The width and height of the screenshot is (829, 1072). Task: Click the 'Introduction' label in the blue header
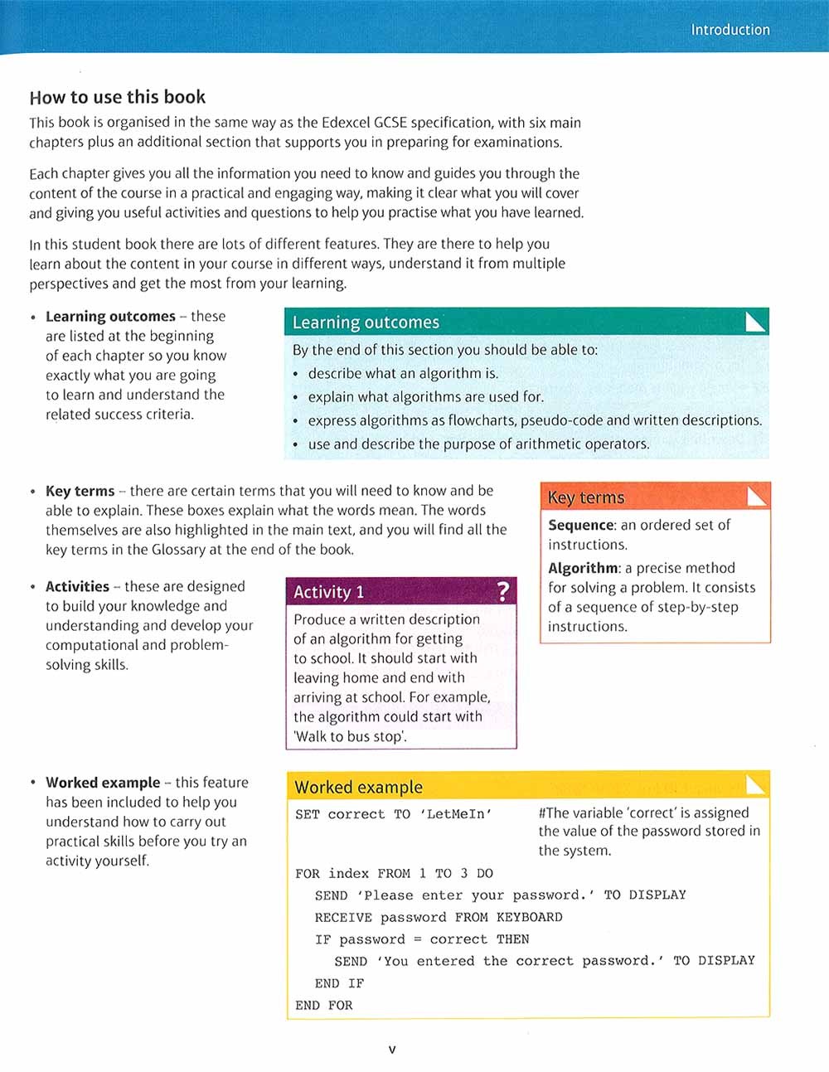(x=730, y=30)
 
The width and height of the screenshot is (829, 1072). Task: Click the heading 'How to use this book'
(x=117, y=97)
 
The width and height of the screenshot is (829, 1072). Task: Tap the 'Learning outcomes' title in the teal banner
(x=366, y=323)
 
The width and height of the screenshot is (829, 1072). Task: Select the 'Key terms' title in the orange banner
(x=586, y=497)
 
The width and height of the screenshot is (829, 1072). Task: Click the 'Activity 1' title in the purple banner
(x=328, y=592)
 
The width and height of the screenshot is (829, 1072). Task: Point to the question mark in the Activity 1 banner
(x=502, y=591)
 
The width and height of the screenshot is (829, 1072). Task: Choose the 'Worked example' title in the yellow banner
(x=358, y=787)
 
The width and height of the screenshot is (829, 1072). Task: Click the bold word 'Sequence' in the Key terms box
(x=580, y=525)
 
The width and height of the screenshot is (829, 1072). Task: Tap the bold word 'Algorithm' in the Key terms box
(x=584, y=568)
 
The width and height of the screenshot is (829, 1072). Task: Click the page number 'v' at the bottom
(x=392, y=1050)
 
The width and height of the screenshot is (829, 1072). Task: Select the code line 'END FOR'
(x=324, y=1005)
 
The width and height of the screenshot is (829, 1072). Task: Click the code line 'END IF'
(x=339, y=983)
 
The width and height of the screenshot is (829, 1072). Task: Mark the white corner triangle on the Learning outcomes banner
(x=756, y=321)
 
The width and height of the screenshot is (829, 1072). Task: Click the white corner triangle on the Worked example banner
(x=756, y=784)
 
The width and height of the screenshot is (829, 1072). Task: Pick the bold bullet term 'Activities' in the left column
(x=77, y=586)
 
